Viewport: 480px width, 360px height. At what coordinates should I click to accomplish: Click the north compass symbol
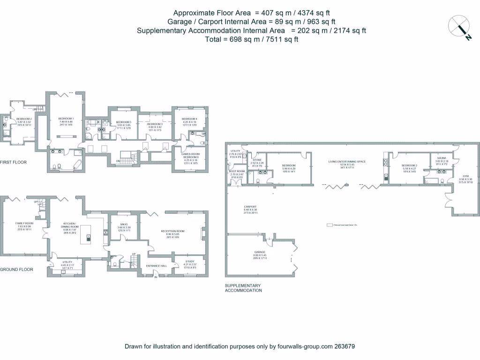point(459,27)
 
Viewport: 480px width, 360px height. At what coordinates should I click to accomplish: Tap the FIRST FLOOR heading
point(14,162)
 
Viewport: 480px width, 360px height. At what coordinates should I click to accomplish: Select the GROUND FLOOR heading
point(16,270)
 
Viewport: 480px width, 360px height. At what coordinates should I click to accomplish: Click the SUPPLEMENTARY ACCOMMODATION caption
point(243,288)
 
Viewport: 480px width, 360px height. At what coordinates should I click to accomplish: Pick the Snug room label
point(124,225)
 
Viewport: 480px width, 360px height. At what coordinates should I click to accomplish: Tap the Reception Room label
point(173,231)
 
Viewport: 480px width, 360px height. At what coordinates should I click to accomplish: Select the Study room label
point(190,262)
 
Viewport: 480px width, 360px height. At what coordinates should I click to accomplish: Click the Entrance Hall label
point(157,266)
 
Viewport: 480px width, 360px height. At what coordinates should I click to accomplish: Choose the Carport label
point(250,207)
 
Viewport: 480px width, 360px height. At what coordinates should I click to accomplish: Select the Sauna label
point(442,159)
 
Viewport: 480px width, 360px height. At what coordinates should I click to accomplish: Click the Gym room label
point(465,176)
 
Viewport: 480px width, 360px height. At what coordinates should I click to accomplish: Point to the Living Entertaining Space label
point(347,161)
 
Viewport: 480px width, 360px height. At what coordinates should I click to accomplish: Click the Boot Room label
point(236,172)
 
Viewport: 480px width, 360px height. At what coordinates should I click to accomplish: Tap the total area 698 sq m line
point(252,39)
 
